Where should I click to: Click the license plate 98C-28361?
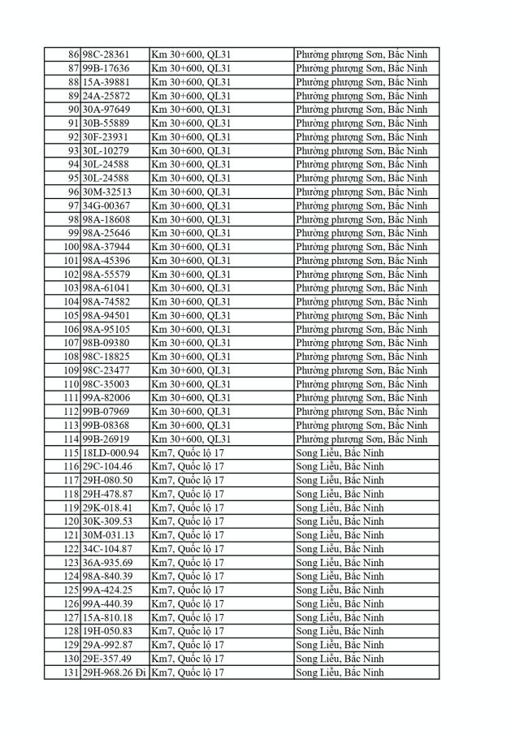click(x=106, y=54)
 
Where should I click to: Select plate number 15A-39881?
click(x=106, y=82)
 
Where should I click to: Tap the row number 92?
click(x=73, y=137)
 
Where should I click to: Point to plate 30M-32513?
click(x=106, y=192)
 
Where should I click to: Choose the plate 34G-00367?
click(x=106, y=205)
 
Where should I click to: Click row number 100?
click(x=71, y=247)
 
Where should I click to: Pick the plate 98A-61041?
click(x=106, y=288)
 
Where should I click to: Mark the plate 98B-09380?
click(x=106, y=343)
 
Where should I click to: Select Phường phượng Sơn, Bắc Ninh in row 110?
click(x=361, y=384)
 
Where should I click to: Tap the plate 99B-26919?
click(x=106, y=439)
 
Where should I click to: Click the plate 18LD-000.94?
click(x=110, y=452)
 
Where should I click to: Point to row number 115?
click(x=71, y=452)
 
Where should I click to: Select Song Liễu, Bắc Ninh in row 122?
click(x=340, y=549)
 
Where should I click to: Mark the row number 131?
click(x=71, y=672)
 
